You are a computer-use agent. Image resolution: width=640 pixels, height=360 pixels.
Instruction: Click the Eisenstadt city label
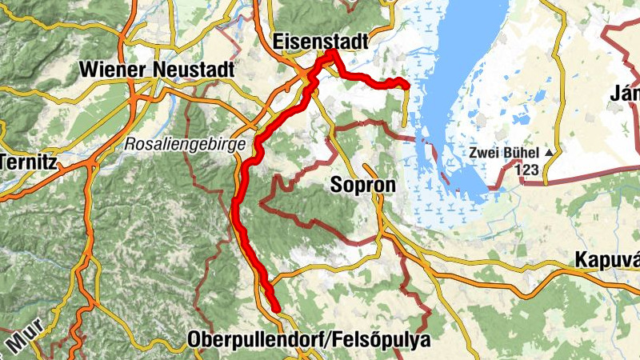[320, 40]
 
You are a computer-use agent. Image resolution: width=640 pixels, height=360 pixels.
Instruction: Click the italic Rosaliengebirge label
[176, 146]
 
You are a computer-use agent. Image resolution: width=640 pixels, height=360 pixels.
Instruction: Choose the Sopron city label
[362, 186]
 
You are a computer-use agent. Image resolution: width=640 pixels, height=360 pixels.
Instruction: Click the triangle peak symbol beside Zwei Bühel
[550, 153]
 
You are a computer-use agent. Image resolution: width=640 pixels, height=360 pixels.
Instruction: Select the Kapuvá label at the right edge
[606, 261]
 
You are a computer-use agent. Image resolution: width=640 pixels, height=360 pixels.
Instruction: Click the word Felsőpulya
[380, 339]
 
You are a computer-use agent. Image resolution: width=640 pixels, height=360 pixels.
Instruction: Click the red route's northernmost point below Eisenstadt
[330, 53]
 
